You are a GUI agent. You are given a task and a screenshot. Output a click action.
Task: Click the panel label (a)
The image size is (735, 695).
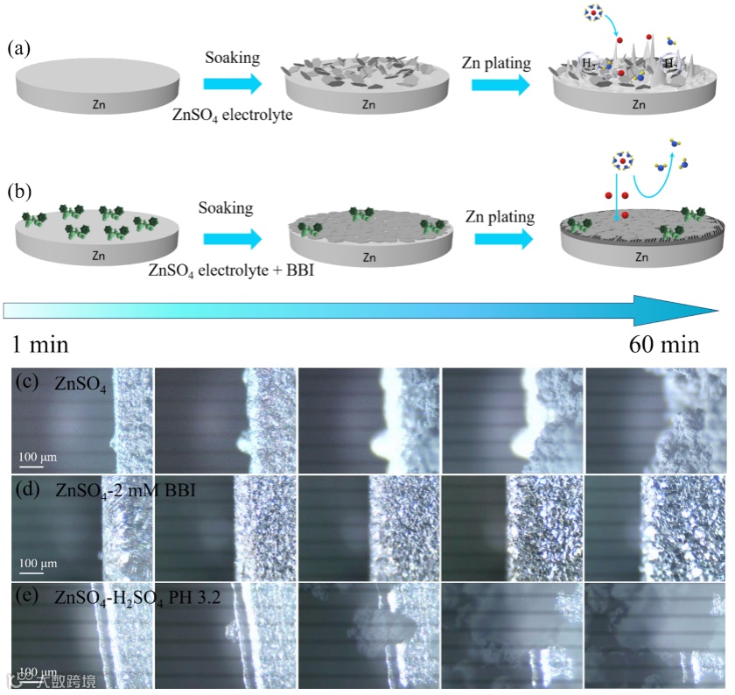[20, 48]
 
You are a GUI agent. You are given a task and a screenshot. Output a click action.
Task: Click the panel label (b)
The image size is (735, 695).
[20, 190]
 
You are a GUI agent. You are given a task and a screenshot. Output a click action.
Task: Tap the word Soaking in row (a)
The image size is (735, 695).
[233, 59]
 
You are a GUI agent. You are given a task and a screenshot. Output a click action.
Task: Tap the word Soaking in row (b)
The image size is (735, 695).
[225, 207]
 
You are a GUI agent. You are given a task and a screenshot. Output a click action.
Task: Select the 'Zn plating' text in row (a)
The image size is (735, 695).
[500, 60]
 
